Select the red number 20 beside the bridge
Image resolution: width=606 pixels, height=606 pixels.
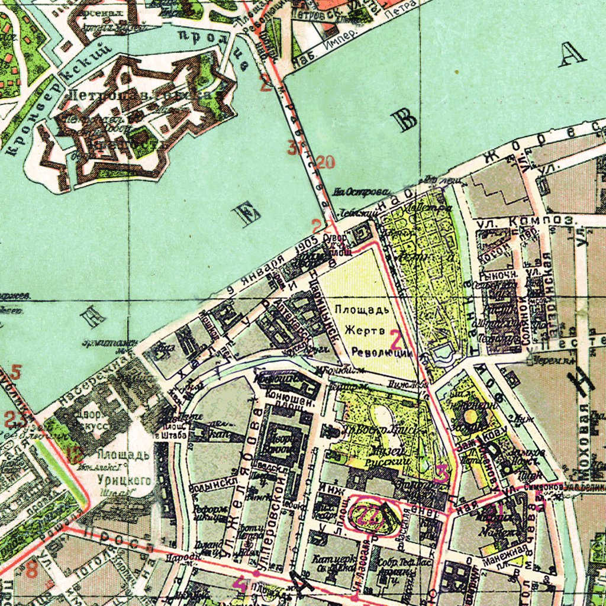(x=325, y=162)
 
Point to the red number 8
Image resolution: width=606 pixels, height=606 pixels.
(x=31, y=570)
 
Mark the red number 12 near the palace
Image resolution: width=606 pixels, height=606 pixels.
(x=75, y=456)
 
